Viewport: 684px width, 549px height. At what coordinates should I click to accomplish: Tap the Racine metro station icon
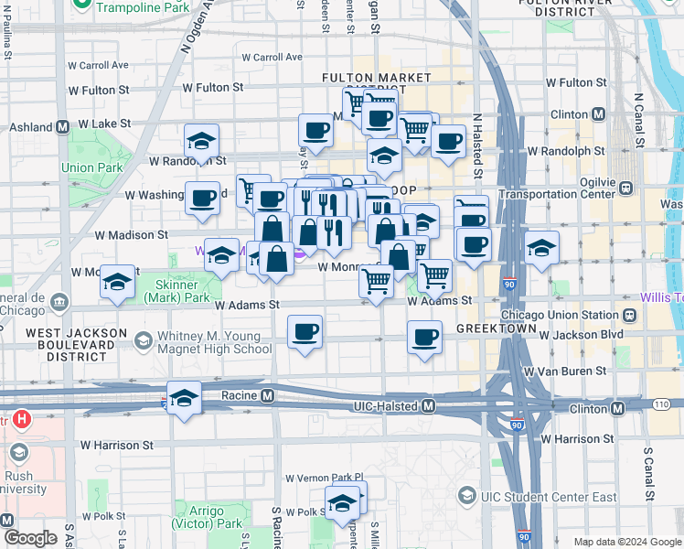tap(267, 396)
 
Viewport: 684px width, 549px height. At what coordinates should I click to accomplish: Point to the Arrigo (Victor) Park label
tap(205, 516)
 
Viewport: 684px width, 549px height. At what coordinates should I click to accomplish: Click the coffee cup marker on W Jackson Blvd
tap(424, 338)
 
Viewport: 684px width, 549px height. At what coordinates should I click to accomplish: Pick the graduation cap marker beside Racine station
tap(184, 397)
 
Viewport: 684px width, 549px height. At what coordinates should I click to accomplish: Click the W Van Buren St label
tap(564, 371)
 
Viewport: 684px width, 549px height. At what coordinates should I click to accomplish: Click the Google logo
tap(30, 538)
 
